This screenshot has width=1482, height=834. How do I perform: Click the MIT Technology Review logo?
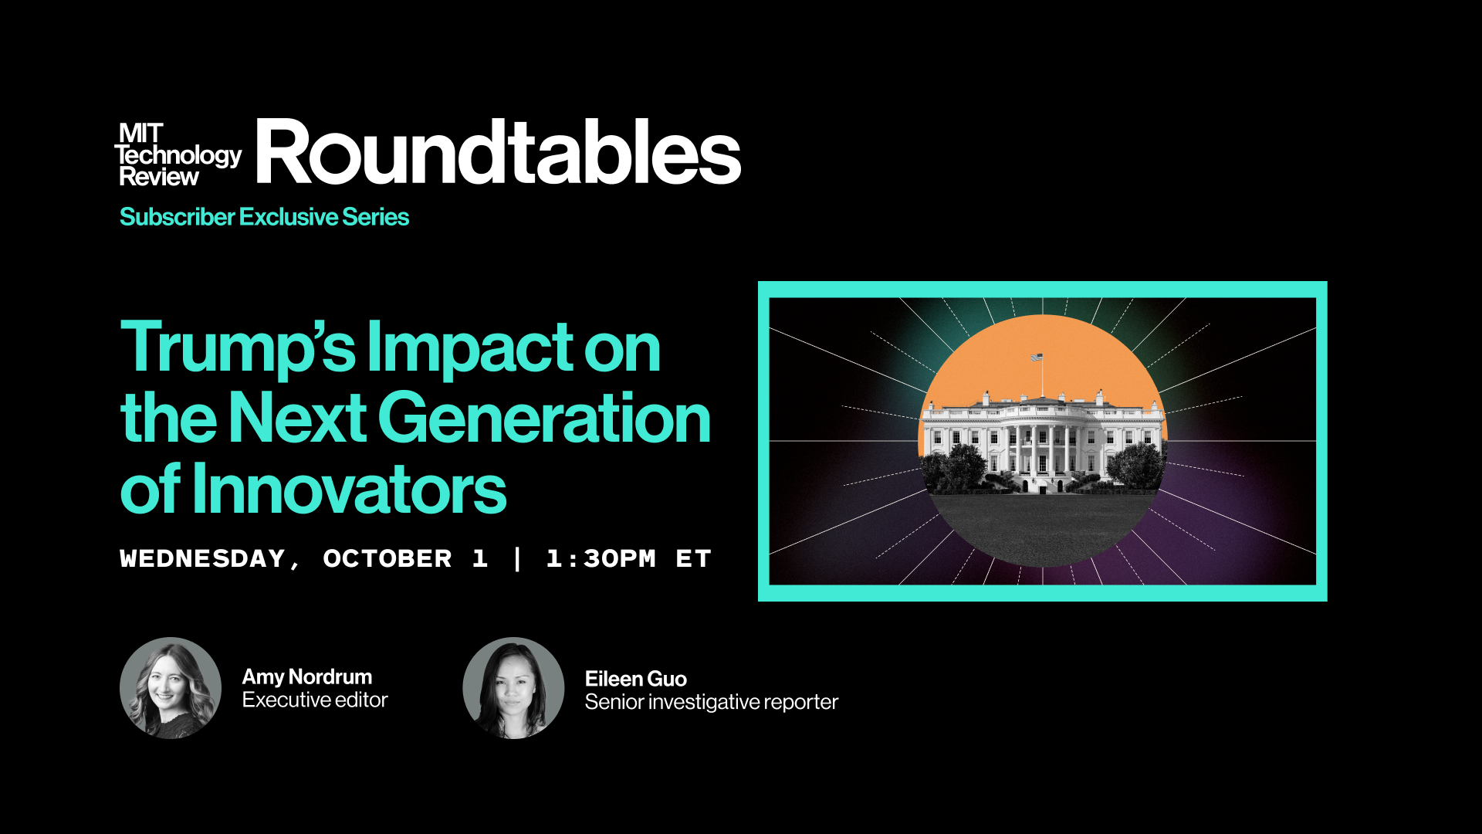[x=178, y=155]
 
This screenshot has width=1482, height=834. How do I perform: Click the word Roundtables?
[x=499, y=152]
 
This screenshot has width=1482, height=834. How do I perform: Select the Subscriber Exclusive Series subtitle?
[x=264, y=217]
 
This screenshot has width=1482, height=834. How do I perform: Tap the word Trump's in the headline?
[x=238, y=348]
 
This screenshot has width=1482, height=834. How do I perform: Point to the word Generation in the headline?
[x=543, y=418]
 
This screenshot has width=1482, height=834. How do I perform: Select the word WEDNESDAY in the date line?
[x=202, y=558]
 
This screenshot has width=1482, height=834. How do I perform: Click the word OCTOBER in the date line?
[x=387, y=558]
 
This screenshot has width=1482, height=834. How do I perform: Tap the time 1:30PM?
[x=601, y=558]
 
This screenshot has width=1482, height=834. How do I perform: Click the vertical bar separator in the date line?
[x=517, y=558]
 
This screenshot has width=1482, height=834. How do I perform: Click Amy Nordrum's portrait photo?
[x=171, y=688]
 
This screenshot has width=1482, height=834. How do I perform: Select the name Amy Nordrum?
[x=307, y=677]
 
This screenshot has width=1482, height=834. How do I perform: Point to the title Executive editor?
[x=315, y=700]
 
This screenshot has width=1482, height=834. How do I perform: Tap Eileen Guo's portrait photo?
[x=513, y=688]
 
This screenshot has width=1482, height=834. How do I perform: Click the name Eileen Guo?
[x=636, y=679]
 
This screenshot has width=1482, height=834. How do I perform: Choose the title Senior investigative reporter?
[x=712, y=702]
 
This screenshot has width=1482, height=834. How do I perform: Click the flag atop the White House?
[x=1037, y=358]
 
